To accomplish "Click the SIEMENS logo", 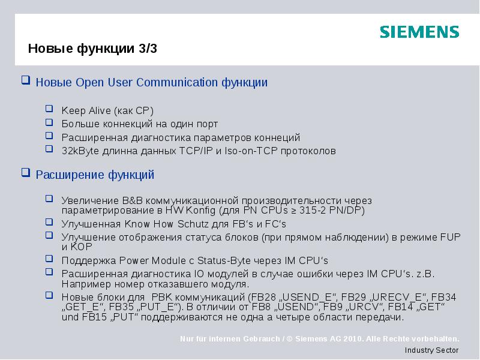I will pos(419,32).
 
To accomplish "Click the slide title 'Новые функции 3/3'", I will pos(92,49).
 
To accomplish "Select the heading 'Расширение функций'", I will pos(95,175).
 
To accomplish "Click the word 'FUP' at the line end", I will pos(450,237).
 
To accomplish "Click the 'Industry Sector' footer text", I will pos(431,350).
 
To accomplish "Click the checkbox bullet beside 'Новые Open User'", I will pos(25,80).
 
